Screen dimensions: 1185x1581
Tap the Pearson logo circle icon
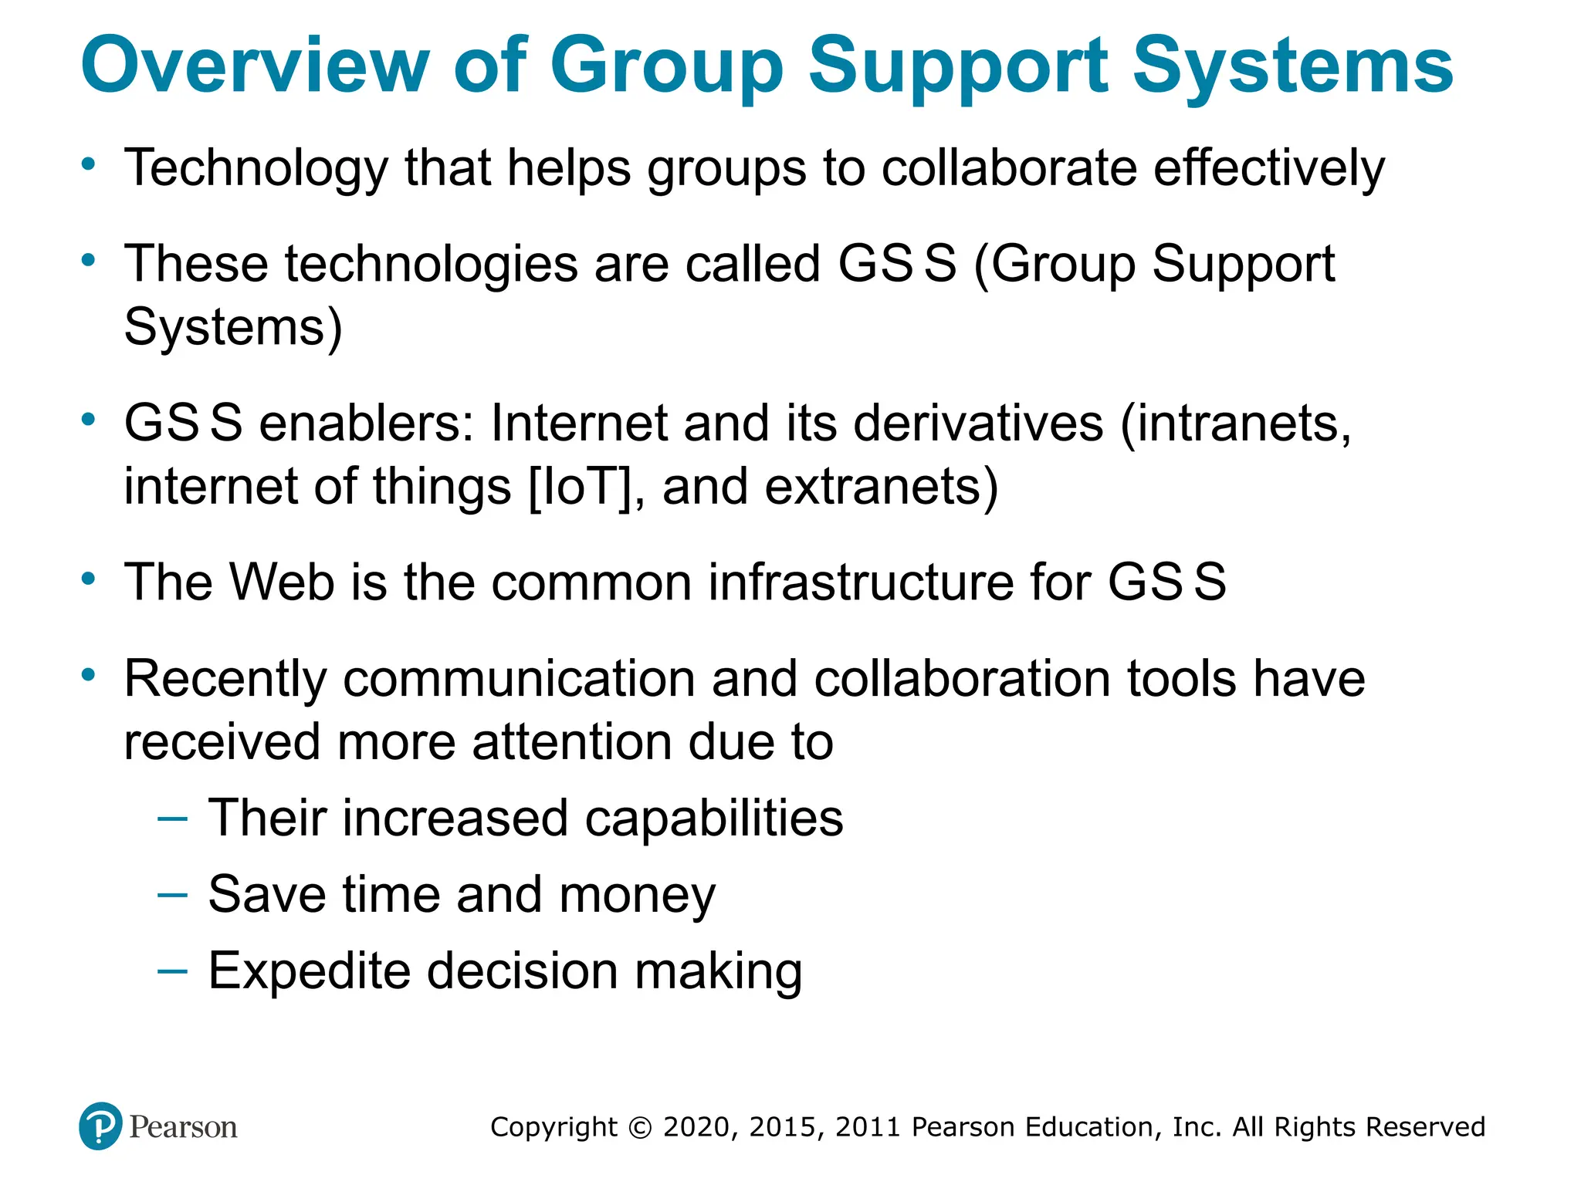100,1126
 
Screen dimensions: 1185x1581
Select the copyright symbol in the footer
640,1127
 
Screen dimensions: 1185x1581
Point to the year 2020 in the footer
696,1127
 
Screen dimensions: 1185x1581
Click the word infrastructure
862,582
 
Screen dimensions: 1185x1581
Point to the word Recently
225,680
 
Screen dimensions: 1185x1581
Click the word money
638,895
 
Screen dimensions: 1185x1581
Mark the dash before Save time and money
171,894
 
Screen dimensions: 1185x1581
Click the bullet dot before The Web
89,578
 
